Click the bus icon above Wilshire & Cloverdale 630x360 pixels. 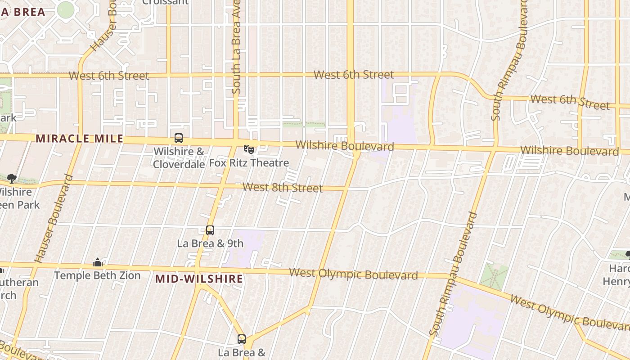pos(179,138)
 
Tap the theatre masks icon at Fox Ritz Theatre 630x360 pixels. pos(248,148)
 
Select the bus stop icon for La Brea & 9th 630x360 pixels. pos(210,230)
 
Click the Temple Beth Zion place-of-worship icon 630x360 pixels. pos(98,262)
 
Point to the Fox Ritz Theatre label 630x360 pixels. pos(249,163)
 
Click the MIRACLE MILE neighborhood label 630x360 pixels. pos(79,138)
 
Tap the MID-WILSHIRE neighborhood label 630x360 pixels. pos(199,279)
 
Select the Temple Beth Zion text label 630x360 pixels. pos(97,275)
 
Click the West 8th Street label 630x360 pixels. pos(283,187)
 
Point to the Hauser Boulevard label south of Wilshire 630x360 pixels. pos(54,219)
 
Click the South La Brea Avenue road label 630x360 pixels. pos(236,47)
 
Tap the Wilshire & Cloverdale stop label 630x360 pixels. pos(179,157)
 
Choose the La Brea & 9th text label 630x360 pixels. pos(210,243)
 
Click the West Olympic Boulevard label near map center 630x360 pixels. pos(353,274)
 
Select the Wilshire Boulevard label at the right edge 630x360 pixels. pos(569,151)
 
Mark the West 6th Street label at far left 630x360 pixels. pos(109,76)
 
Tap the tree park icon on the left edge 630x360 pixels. pos(11,179)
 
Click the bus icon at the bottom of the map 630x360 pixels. pos(242,339)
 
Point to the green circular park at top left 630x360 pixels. pos(65,9)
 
